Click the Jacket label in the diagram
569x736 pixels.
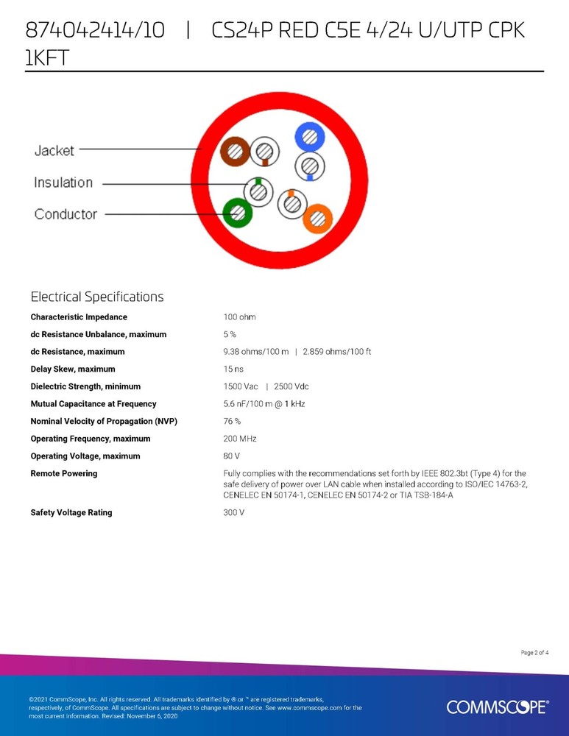tap(54, 151)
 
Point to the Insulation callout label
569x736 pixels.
tap(63, 183)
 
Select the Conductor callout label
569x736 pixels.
tap(66, 214)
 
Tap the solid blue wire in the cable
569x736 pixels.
tap(308, 137)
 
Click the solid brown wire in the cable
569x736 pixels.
tap(236, 152)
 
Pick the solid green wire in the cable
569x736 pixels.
tap(238, 213)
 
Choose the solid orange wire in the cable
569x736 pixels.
tap(317, 219)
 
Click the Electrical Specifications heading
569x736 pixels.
tap(97, 297)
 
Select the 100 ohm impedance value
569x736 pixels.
tap(239, 317)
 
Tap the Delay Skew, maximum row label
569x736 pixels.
tap(73, 369)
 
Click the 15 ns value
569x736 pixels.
tap(233, 369)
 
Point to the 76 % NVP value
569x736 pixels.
tap(232, 422)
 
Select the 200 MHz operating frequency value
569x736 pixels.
tap(239, 439)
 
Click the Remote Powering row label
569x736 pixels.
tap(64, 474)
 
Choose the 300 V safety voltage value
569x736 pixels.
tap(234, 512)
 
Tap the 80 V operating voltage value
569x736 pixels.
tap(232, 456)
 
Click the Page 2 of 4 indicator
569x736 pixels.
tap(534, 652)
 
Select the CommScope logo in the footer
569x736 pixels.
tap(497, 707)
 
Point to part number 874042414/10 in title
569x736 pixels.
tap(96, 31)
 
